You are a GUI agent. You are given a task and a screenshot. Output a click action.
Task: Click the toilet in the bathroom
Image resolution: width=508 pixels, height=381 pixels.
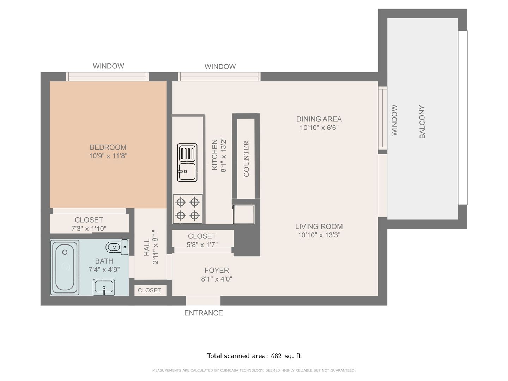117,247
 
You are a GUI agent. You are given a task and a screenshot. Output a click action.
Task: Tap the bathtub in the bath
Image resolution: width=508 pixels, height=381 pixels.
65,267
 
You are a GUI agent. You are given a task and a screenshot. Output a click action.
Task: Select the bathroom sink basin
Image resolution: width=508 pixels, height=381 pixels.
104,287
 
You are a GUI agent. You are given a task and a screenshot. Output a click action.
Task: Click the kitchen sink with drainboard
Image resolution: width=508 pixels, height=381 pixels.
187,162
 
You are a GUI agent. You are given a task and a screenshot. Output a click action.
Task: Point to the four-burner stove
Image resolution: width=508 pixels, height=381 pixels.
188,209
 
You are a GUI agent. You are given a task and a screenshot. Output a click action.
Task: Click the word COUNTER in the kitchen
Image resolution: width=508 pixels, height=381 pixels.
246,159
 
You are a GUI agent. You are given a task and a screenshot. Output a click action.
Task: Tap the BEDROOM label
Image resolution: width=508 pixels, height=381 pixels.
108,147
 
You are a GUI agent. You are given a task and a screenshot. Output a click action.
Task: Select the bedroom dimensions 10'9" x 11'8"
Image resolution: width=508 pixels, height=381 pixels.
108,156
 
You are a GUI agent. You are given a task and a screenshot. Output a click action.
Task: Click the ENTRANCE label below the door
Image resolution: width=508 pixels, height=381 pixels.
204,313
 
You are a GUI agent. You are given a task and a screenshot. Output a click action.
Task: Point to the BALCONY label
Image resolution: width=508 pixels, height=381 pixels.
422,122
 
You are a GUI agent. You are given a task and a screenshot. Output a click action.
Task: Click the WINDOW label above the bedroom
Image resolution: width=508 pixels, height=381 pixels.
109,66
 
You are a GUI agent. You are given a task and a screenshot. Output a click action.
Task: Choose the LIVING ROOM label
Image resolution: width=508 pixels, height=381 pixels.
319,226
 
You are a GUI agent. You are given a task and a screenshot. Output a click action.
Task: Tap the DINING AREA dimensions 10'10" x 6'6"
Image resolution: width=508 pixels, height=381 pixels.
319,128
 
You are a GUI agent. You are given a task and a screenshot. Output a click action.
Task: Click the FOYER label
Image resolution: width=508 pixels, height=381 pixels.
217,270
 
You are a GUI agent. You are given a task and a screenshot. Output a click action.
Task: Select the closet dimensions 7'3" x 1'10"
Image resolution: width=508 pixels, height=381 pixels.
89,229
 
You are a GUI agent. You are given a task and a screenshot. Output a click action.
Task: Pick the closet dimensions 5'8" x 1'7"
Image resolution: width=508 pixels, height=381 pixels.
202,244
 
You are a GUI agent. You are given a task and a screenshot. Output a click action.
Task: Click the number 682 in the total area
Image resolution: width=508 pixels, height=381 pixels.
276,356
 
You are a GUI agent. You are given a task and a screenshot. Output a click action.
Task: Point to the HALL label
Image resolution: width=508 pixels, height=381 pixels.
147,247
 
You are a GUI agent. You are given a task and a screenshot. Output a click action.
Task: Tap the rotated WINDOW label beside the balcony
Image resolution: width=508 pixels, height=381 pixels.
394,120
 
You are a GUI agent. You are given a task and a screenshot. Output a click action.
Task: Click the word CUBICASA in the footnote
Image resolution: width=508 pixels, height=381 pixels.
229,370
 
